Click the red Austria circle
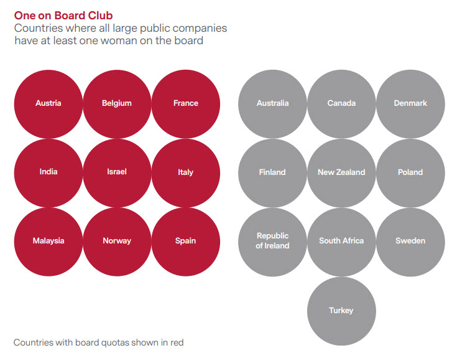(x=48, y=103)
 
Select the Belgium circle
(x=117, y=103)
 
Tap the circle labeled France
(x=186, y=103)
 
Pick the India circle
(x=48, y=172)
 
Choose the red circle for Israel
(x=117, y=172)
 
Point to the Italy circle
(x=186, y=172)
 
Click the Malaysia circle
(x=48, y=241)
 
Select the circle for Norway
(x=117, y=241)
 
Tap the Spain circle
(x=186, y=241)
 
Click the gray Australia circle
(x=273, y=103)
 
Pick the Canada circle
(x=341, y=103)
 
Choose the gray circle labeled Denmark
(x=410, y=103)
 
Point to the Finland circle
(x=273, y=172)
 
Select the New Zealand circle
(x=341, y=172)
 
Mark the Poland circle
(x=410, y=172)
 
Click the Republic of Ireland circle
(x=273, y=241)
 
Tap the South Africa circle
(x=341, y=241)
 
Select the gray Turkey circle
(x=341, y=310)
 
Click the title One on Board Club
(x=63, y=15)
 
